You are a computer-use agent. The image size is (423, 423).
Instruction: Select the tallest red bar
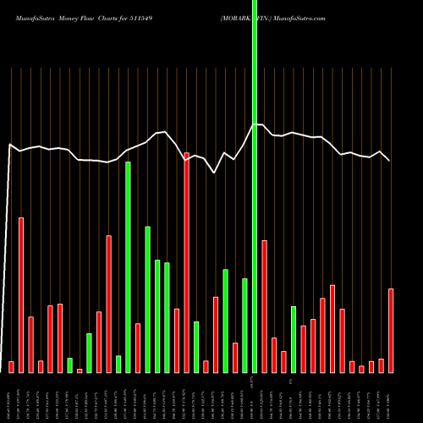tap(186, 262)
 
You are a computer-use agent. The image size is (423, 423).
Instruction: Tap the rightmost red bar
tap(391, 330)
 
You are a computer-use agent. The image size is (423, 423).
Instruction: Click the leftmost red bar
tap(11, 366)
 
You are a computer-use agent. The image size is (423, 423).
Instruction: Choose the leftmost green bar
tap(69, 365)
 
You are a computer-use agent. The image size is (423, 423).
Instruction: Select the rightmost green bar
tap(294, 338)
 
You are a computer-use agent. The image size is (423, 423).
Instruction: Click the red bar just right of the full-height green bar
tap(264, 306)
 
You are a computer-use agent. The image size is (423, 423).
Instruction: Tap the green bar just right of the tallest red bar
tap(196, 347)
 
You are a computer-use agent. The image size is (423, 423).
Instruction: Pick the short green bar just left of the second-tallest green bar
tap(118, 364)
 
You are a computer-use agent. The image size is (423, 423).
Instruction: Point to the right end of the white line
tap(390, 160)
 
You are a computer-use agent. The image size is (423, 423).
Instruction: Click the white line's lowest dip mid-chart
tap(215, 173)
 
